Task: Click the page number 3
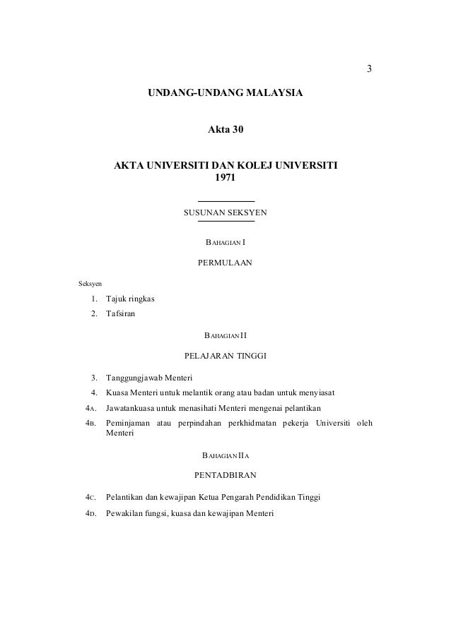[x=368, y=69]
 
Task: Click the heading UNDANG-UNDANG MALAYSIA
[x=225, y=93]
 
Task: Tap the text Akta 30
[x=225, y=131]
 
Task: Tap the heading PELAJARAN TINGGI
[x=225, y=354]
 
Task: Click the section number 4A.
[x=90, y=408]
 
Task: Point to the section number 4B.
[x=90, y=423]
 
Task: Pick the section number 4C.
[x=90, y=498]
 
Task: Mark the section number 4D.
[x=90, y=513]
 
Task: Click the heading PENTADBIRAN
[x=225, y=475]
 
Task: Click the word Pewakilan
[x=124, y=513]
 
